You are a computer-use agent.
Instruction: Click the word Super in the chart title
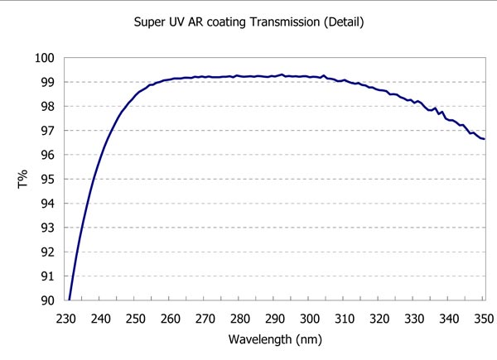[150, 21]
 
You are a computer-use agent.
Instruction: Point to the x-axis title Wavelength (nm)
[276, 338]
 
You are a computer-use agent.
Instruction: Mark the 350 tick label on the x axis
[484, 318]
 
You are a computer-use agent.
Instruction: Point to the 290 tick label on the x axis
[276, 318]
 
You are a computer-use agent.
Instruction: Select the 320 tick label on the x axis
[379, 318]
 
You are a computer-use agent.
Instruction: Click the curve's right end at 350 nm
[484, 138]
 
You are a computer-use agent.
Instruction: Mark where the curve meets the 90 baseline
[70, 300]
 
